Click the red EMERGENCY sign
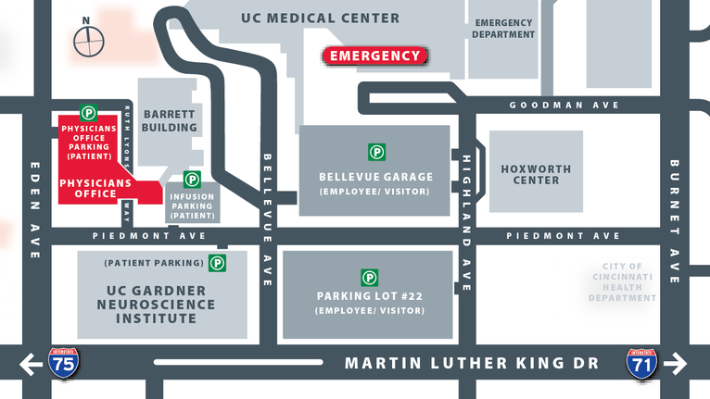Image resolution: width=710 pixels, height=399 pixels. [x=375, y=56]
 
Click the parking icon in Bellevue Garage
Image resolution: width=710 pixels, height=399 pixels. [x=376, y=152]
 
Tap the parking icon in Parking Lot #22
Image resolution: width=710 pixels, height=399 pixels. [x=369, y=277]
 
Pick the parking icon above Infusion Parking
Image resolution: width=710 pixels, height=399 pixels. [x=192, y=179]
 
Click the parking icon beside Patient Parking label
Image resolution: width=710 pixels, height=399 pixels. [x=217, y=263]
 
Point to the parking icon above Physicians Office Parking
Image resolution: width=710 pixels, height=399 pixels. [x=88, y=112]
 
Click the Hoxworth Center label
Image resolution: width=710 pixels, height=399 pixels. [x=536, y=175]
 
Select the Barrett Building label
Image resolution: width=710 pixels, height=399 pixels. [x=170, y=120]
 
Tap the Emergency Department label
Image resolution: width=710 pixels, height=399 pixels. [x=504, y=28]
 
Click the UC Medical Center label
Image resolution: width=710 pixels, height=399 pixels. [x=320, y=18]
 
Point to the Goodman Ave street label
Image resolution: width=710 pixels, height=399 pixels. [x=564, y=106]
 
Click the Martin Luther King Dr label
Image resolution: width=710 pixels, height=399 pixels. [x=471, y=363]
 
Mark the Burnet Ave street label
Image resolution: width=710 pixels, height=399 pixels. [x=675, y=222]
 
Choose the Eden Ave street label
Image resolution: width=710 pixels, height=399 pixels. [x=35, y=211]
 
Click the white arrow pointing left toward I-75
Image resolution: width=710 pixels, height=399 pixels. [x=30, y=364]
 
